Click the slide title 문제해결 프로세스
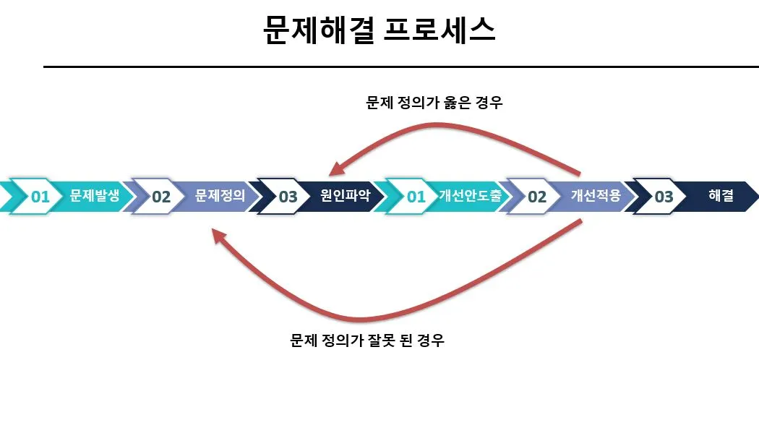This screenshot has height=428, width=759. click(x=379, y=30)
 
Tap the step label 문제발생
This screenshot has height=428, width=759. click(x=95, y=195)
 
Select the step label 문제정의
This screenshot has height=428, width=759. click(x=220, y=195)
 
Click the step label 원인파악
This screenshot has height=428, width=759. click(x=345, y=195)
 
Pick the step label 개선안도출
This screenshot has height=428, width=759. click(x=470, y=195)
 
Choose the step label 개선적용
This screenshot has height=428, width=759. click(x=596, y=195)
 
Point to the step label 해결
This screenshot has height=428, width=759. click(x=721, y=195)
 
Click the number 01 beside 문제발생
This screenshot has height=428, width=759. click(x=40, y=197)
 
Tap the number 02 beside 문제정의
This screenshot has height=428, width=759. click(x=161, y=197)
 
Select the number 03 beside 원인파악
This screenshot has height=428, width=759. click(x=288, y=197)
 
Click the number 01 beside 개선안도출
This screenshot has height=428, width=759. click(x=416, y=197)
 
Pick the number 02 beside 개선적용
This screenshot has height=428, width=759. click(x=537, y=197)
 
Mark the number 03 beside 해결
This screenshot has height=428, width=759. click(x=664, y=197)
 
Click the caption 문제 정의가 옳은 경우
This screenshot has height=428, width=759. click(x=434, y=103)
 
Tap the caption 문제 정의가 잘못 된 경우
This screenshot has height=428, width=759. click(x=366, y=340)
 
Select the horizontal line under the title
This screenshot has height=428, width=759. click(x=400, y=67)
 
